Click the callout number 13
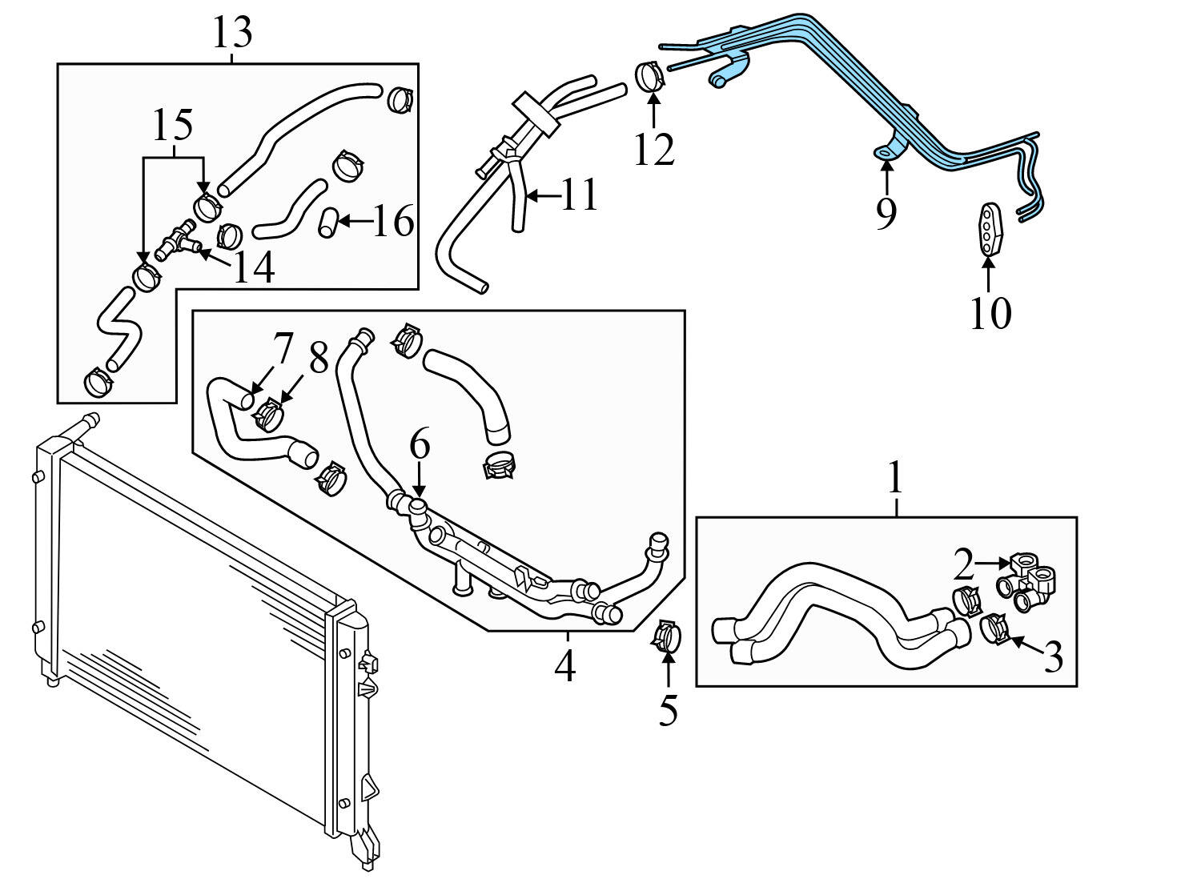[232, 33]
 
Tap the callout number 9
[886, 213]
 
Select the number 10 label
[990, 313]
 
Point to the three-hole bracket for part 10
[990, 229]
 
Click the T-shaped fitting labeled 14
[177, 241]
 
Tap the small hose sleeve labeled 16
[327, 222]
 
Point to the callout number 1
[895, 479]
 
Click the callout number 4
[565, 667]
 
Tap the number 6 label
[420, 444]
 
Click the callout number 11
[579, 195]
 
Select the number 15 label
[172, 125]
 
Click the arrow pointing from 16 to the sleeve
[354, 220]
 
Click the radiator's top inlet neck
[85, 423]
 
